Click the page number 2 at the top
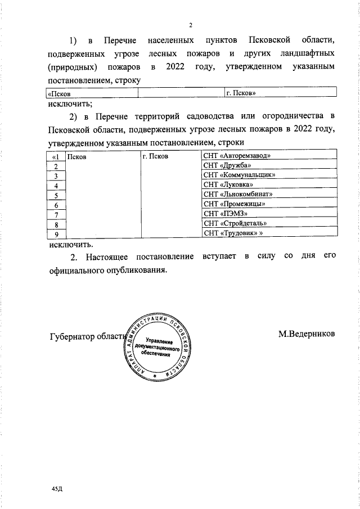pos(191,25)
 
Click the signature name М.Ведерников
pos(307,334)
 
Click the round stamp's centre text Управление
pos(159,341)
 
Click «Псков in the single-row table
pos(59,93)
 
